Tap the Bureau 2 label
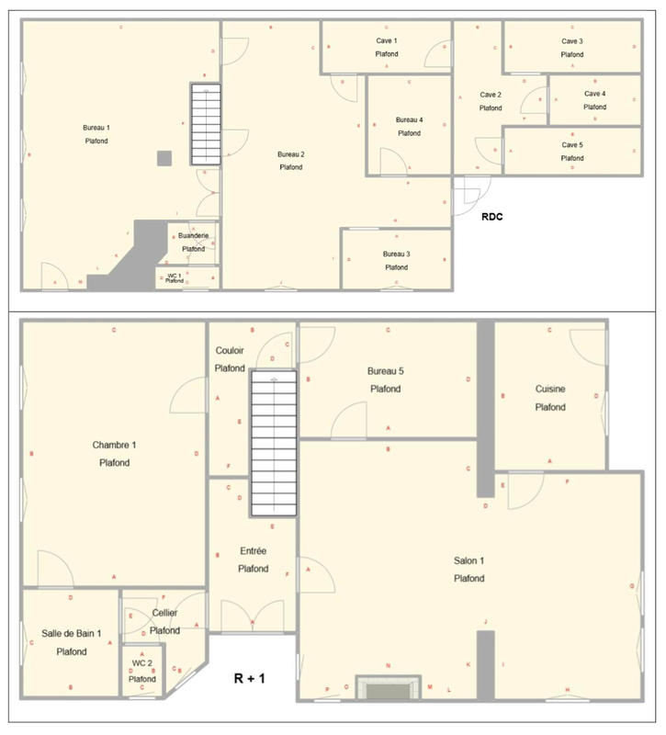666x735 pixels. (x=290, y=153)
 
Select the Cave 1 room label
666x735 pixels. (x=387, y=41)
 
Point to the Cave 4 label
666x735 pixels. (x=595, y=94)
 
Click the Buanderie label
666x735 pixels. (x=193, y=236)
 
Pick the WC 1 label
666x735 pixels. (x=175, y=275)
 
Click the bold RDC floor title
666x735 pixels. (x=494, y=218)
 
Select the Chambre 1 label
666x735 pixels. (x=114, y=446)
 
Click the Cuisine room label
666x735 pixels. (x=550, y=389)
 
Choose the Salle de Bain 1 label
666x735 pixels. (x=71, y=634)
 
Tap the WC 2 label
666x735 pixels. (x=141, y=662)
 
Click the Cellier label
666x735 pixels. (x=165, y=613)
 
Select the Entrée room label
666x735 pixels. (x=253, y=551)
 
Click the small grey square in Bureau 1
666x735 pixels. (x=164, y=158)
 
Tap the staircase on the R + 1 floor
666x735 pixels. (x=274, y=445)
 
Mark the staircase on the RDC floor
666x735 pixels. (x=206, y=124)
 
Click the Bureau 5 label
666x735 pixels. (x=386, y=371)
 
